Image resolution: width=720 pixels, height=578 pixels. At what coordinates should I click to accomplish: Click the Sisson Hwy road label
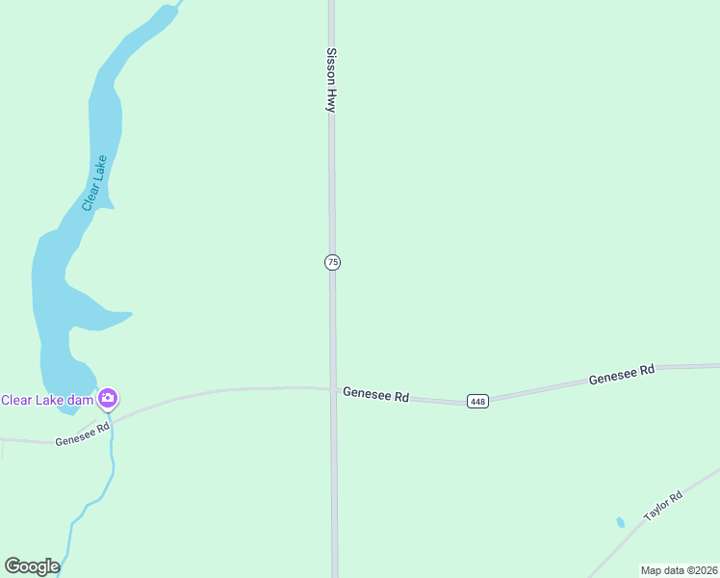331,81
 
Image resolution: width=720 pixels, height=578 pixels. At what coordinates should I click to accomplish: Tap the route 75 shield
332,262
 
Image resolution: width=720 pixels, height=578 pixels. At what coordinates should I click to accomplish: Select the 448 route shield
477,401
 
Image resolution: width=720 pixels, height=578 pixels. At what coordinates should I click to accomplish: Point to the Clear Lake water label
94,183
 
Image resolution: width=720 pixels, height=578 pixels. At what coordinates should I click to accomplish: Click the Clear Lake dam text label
47,400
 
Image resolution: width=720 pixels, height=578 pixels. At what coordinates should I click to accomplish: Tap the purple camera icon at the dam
108,398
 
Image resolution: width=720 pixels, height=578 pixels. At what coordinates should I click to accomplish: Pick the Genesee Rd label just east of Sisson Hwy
376,395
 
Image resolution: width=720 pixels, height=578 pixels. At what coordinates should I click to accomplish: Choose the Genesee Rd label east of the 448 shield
622,375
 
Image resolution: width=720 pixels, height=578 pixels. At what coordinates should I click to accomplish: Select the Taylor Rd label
663,506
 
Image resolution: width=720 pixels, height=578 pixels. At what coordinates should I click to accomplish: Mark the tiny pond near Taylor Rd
620,522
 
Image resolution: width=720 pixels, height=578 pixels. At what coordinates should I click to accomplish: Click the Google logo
32,566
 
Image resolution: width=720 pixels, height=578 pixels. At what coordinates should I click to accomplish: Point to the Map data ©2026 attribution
679,570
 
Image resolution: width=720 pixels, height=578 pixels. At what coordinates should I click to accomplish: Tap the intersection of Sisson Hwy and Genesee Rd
333,389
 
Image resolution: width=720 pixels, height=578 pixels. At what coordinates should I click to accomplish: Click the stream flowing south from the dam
109,472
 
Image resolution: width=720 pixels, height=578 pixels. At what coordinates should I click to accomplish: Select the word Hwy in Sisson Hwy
331,100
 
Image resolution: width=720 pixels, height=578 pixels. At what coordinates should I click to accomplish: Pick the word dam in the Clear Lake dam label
81,400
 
